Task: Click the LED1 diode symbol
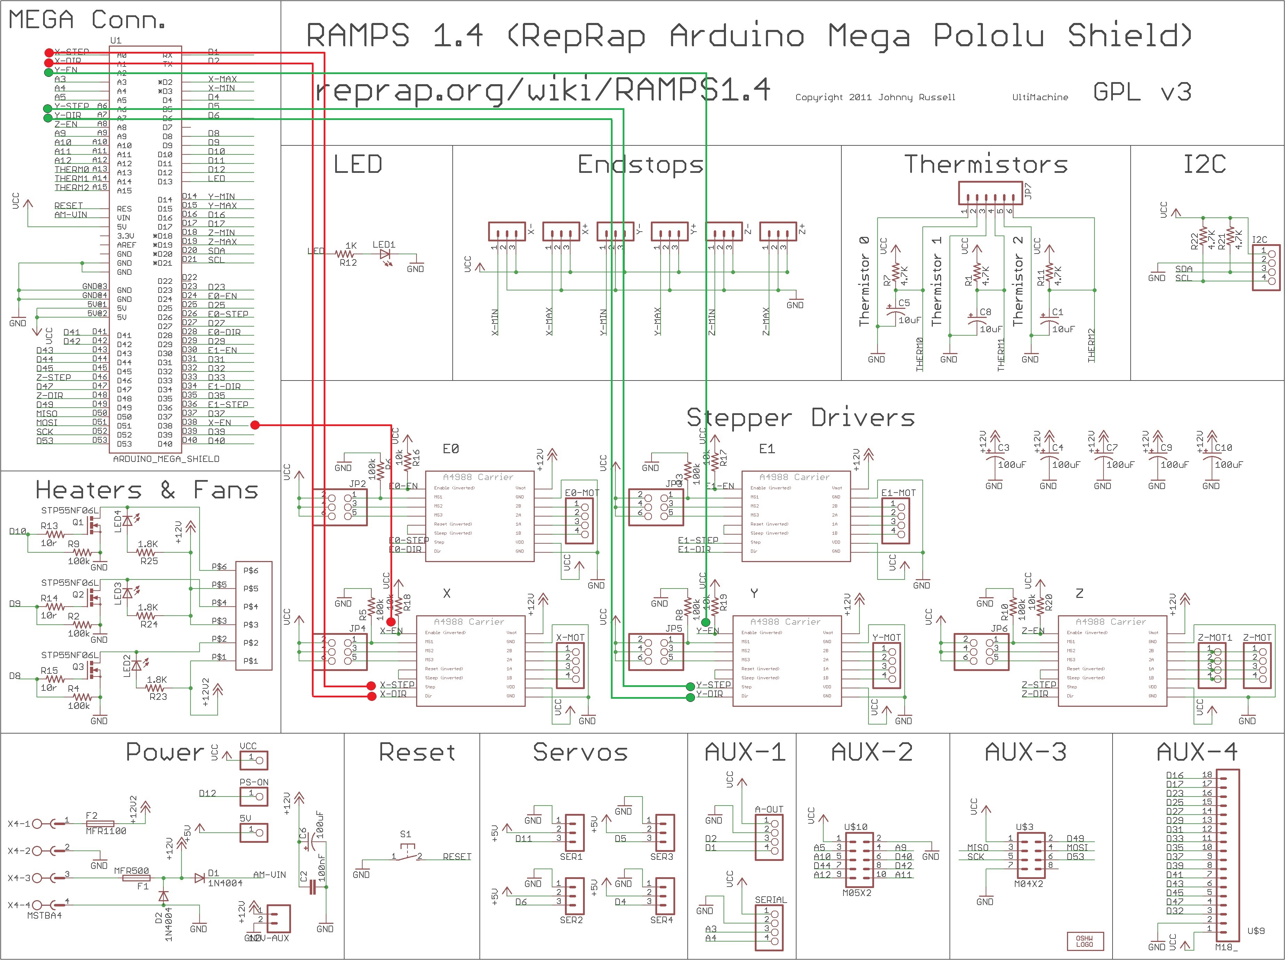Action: tap(384, 255)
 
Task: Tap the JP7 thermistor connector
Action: tap(989, 193)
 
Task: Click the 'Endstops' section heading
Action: tap(640, 165)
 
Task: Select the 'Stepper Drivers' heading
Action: tap(800, 418)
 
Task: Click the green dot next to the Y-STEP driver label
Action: tap(690, 686)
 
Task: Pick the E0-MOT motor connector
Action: tap(579, 520)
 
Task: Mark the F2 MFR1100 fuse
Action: tap(100, 824)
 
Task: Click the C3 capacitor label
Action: tap(1003, 448)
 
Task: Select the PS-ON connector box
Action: tap(254, 796)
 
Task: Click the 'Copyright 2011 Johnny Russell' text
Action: tap(875, 97)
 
